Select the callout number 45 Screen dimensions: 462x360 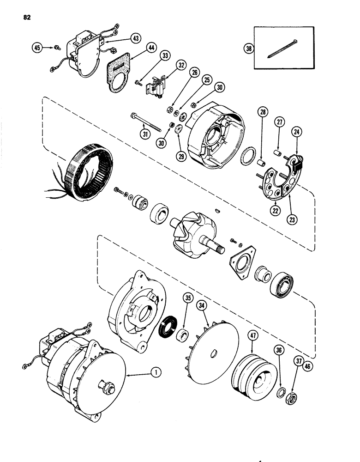pyautogui.click(x=36, y=47)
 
